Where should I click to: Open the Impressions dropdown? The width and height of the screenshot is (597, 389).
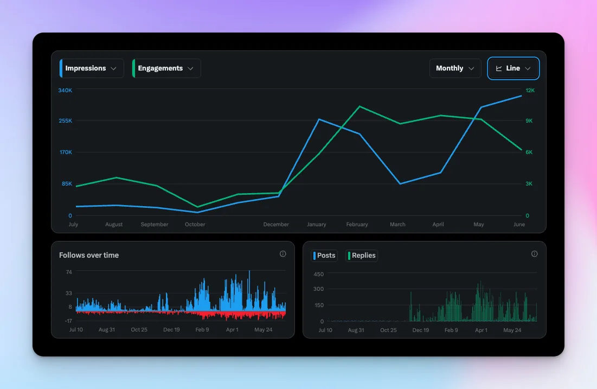pos(92,68)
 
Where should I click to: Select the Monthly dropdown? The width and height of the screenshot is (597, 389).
pos(455,68)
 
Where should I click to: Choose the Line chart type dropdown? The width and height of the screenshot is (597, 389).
pos(513,68)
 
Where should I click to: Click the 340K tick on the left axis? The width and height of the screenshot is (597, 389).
pos(65,91)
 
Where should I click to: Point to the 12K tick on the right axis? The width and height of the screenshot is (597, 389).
pos(530,91)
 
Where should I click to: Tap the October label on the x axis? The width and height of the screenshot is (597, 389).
pos(195,224)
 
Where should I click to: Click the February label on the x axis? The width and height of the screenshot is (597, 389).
pos(357,224)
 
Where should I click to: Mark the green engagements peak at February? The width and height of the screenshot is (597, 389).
pos(359,106)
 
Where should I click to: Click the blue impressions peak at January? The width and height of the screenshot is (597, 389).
pos(319,119)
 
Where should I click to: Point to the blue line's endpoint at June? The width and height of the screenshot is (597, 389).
pos(521,96)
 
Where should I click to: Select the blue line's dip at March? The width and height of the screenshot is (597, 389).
pos(400,183)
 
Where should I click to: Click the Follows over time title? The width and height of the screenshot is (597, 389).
pos(89,255)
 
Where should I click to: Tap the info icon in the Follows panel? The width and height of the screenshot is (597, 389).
pos(283,254)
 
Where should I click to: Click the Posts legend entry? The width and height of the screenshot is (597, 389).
pos(324,256)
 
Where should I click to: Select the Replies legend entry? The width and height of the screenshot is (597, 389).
pos(362,256)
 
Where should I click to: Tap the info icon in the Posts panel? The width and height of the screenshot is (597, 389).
pos(534,254)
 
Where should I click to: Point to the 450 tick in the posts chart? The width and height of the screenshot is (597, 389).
pos(318,273)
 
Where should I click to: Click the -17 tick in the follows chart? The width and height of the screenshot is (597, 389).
pos(68,321)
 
